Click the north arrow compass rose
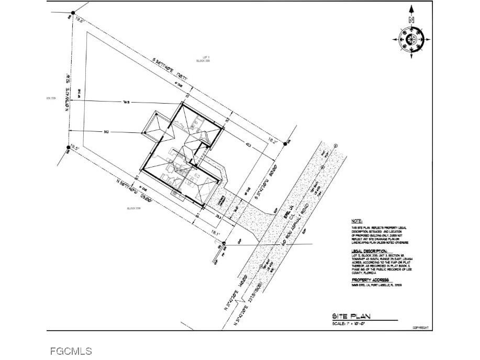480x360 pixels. tap(411, 39)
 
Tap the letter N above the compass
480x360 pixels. tap(411, 20)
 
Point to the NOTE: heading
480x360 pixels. tap(357, 221)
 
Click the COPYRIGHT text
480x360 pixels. tap(421, 328)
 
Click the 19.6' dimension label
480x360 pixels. tap(80, 21)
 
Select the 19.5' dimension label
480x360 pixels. tap(74, 148)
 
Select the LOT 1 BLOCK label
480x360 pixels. tap(203, 59)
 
